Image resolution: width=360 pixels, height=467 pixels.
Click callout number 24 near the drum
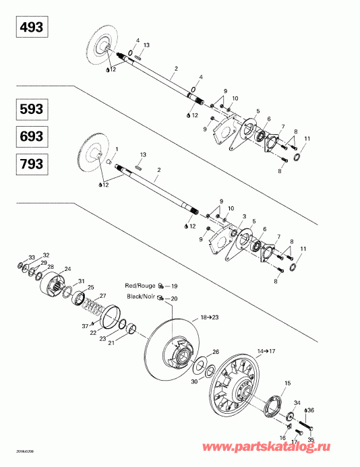[67, 270]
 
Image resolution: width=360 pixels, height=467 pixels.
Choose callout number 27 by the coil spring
[103, 296]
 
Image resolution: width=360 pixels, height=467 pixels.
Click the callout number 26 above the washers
[216, 352]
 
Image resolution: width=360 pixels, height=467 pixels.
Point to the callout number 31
[82, 281]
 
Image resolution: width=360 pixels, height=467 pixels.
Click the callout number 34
[297, 402]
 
